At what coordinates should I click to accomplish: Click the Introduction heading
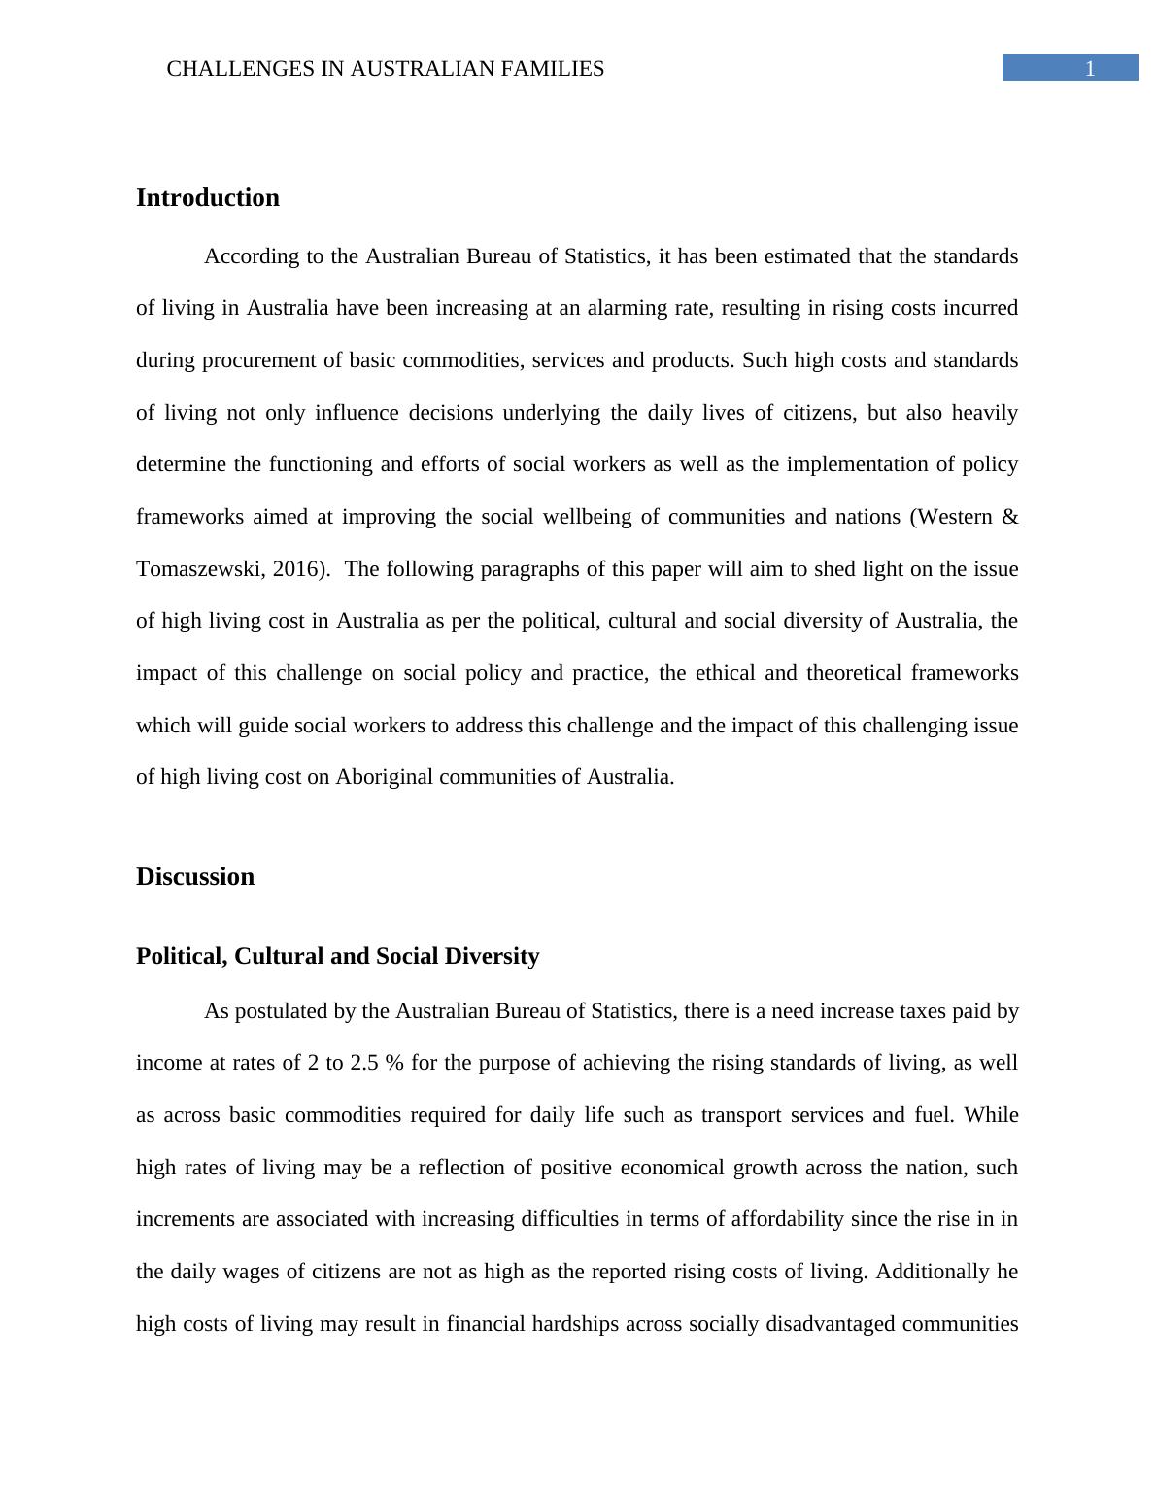207,198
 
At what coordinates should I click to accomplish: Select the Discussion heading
195,877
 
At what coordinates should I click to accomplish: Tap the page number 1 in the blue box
1089,68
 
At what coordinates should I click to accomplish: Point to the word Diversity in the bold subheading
493,956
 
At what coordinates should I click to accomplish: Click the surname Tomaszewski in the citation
199,569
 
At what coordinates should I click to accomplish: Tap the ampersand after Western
1009,517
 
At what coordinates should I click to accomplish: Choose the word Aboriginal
384,777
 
